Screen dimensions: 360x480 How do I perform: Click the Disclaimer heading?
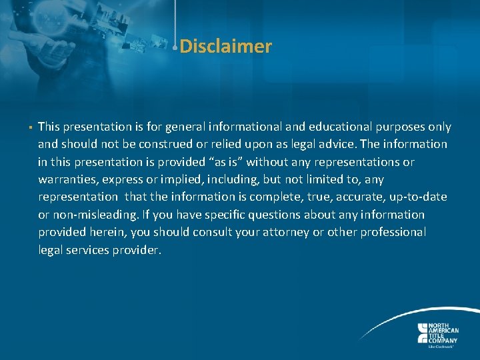coord(225,47)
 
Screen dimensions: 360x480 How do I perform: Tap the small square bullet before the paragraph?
coord(31,127)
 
